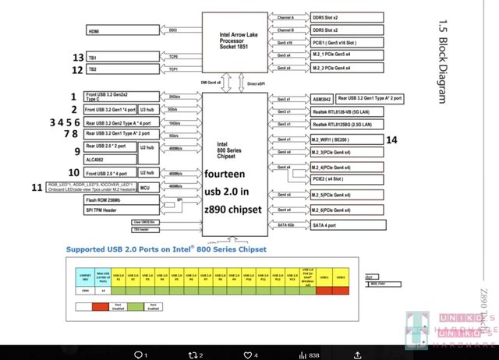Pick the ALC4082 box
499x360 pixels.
[110, 158]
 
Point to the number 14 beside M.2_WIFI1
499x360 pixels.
[391, 139]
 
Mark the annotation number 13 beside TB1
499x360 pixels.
[78, 58]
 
